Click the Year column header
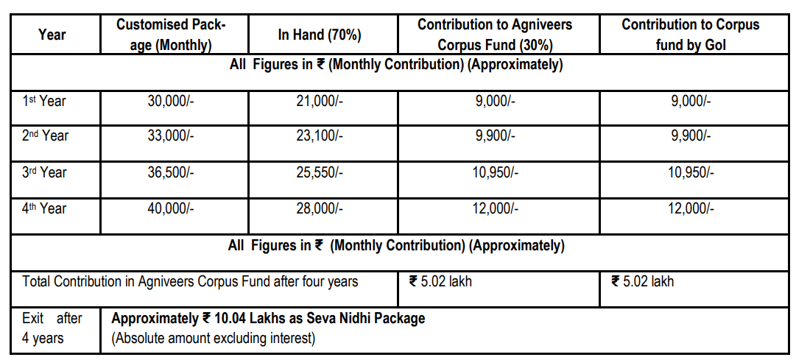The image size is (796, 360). point(52,35)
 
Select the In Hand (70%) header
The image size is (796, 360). point(320,35)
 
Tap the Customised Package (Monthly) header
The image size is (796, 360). point(171,35)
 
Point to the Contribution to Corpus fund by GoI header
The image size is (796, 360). point(691,35)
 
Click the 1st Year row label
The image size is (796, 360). point(43,101)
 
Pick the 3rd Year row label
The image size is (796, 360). point(43,172)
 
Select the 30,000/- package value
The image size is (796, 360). point(171,101)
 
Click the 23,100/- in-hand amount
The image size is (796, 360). point(320,136)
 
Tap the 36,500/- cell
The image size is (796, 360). point(171,172)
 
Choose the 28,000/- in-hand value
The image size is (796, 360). point(320,208)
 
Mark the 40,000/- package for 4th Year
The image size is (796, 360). point(171,208)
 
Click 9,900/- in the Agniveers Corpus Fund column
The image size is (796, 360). point(496,136)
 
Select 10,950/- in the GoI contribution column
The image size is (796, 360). point(691,172)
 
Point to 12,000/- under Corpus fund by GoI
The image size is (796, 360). point(691,208)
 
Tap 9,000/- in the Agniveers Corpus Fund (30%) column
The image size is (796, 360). point(496,101)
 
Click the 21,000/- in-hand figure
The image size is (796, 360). point(320,101)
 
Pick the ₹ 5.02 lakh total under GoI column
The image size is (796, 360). point(643,281)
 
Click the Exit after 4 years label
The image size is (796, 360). point(52,328)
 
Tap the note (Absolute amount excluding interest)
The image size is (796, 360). point(214,338)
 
